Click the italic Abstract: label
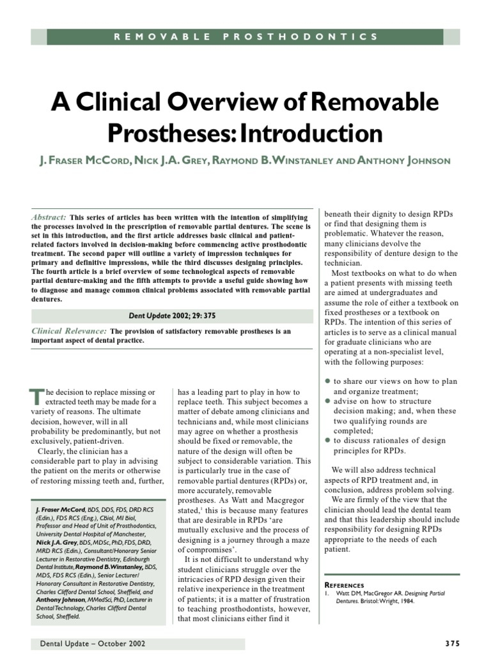coord(48,217)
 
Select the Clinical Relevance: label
coord(69,331)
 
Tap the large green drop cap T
coord(36,398)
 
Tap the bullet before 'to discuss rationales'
coord(328,441)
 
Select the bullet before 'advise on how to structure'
coord(328,400)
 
